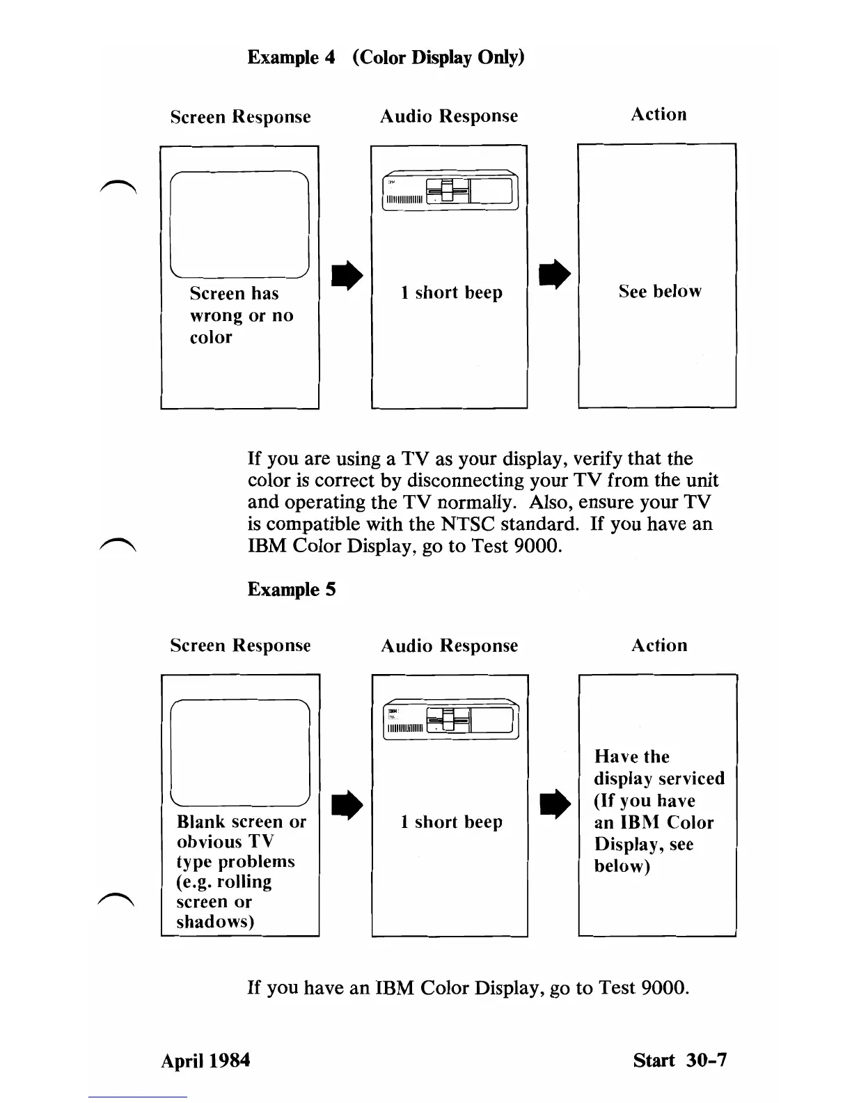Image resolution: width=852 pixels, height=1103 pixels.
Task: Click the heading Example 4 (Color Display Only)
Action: pos(386,57)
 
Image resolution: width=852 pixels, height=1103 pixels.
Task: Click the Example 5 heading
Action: pos(292,590)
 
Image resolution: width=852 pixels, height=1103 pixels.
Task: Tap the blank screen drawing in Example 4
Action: pos(239,224)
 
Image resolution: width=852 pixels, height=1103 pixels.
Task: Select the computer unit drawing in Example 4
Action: pos(449,190)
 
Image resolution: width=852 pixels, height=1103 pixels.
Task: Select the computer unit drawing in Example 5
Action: pos(450,720)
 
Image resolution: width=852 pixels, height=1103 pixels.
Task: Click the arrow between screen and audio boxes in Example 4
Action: pos(347,276)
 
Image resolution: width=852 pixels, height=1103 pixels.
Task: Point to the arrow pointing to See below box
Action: pos(554,274)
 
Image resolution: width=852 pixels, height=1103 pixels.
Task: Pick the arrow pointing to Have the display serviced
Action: pos(555,804)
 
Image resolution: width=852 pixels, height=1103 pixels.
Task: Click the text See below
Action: pos(659,292)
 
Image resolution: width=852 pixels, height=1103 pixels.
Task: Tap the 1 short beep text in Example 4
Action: pos(451,292)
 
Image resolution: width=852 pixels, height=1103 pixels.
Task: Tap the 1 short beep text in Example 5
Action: pos(451,822)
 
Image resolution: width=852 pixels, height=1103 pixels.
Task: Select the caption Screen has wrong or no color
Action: pos(241,315)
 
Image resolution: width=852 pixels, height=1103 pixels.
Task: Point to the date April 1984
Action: pos(205,1061)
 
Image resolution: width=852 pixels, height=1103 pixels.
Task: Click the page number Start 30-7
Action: pos(679,1061)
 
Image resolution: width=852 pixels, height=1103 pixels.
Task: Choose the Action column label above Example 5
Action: pos(658,646)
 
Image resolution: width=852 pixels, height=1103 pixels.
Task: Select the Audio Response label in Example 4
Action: pos(449,116)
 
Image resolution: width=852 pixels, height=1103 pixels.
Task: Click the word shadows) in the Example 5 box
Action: pos(215,922)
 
